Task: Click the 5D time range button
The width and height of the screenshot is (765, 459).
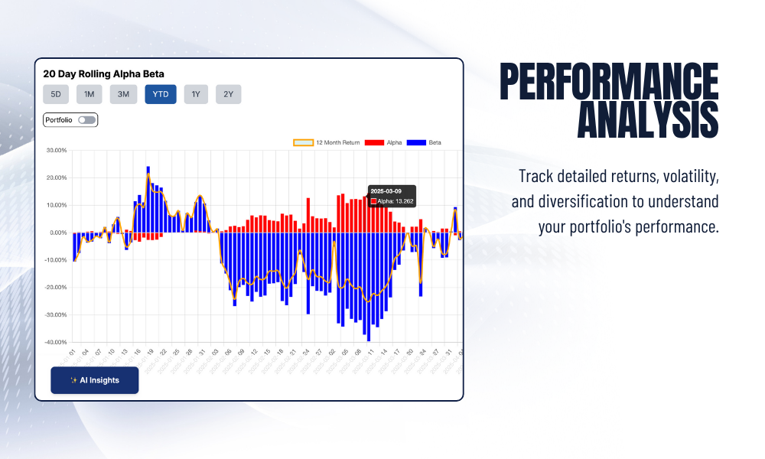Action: [56, 94]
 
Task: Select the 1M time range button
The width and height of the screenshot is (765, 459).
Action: [89, 94]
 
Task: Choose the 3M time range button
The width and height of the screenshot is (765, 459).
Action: [123, 94]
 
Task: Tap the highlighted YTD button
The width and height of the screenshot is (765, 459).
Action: [161, 94]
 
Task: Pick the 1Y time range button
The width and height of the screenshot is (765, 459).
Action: [196, 94]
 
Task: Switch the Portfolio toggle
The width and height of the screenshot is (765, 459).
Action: [86, 120]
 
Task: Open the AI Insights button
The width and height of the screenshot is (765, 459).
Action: [95, 380]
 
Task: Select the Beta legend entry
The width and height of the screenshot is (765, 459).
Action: [425, 142]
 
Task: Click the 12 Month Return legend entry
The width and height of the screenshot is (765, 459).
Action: [327, 142]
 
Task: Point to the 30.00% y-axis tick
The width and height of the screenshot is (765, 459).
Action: [57, 150]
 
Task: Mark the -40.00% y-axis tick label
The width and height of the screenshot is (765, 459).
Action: [57, 342]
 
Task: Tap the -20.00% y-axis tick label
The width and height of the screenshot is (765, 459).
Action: [57, 288]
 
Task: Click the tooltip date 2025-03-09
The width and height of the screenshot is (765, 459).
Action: [386, 191]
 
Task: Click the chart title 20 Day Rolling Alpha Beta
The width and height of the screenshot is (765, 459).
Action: [103, 74]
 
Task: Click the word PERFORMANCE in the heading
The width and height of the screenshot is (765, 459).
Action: [609, 82]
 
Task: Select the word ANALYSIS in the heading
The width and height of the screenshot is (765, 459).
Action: [647, 120]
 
